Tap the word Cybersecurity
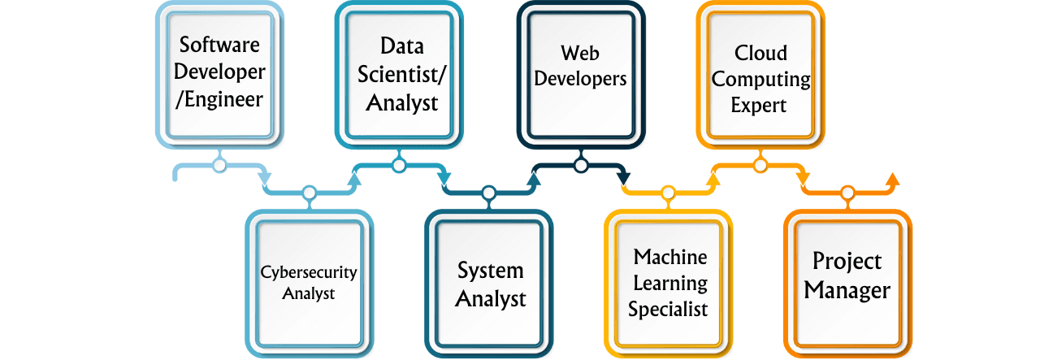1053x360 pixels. (309, 272)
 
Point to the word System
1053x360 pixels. (490, 270)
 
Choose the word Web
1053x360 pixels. (581, 53)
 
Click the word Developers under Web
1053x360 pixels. (581, 80)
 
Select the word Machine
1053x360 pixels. (670, 257)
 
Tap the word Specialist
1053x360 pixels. (668, 309)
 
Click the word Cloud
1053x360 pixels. (760, 53)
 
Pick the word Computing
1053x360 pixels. (760, 80)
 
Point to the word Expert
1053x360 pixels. (760, 106)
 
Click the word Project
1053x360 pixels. (847, 262)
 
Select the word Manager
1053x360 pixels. (847, 290)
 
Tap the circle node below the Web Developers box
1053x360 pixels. (581, 166)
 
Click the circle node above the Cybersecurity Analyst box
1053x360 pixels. (309, 193)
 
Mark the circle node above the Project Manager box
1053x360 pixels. (847, 193)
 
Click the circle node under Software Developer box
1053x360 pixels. (219, 166)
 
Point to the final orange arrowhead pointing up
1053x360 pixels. (891, 179)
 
